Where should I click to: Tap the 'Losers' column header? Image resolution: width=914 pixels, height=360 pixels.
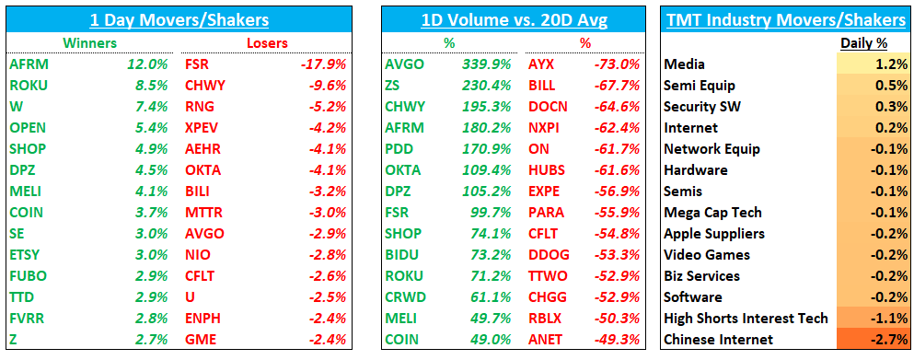click(267, 42)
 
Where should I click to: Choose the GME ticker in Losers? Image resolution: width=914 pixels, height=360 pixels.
click(200, 340)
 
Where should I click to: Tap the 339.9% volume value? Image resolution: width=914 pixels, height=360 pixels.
click(492, 64)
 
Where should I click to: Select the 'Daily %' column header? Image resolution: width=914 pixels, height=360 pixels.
click(862, 42)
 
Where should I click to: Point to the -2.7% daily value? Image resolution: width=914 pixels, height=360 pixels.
click(888, 340)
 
